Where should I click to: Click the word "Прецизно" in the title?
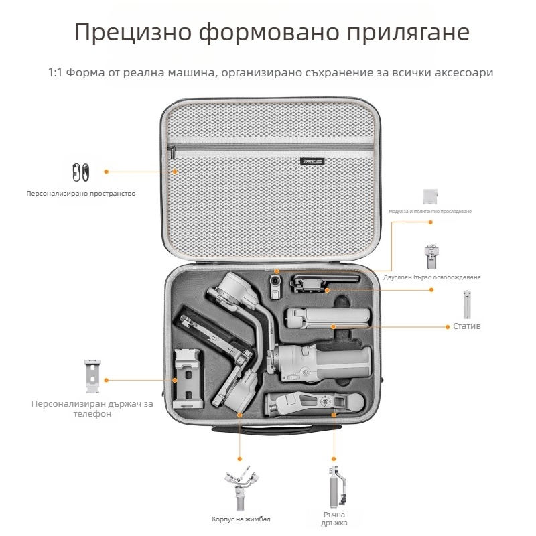point(127,33)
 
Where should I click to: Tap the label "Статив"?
point(468,326)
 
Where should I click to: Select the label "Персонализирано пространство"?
point(81,194)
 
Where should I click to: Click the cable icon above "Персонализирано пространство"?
point(81,172)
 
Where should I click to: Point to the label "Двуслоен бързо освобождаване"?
point(441,277)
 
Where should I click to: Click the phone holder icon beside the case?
point(93,377)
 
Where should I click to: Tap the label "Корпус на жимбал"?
point(241,519)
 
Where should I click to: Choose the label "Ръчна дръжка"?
point(334,518)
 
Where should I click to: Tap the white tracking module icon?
point(431,196)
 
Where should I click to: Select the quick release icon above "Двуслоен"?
point(431,257)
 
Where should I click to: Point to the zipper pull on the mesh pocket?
point(172,154)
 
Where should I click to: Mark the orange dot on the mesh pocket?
point(176,172)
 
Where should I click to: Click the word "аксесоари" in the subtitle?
point(462,72)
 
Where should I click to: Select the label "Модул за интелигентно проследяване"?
point(431,211)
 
